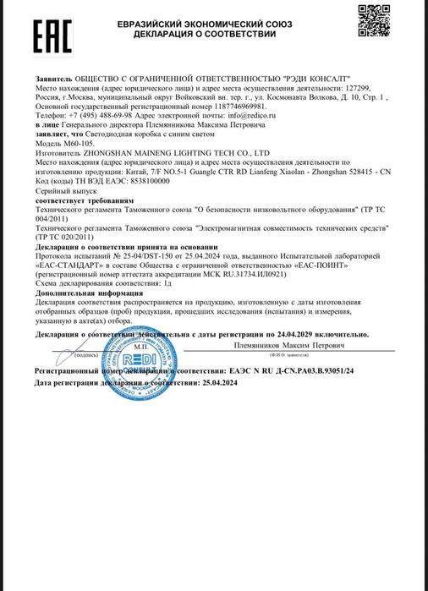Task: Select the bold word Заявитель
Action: pyautogui.click(x=55, y=78)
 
